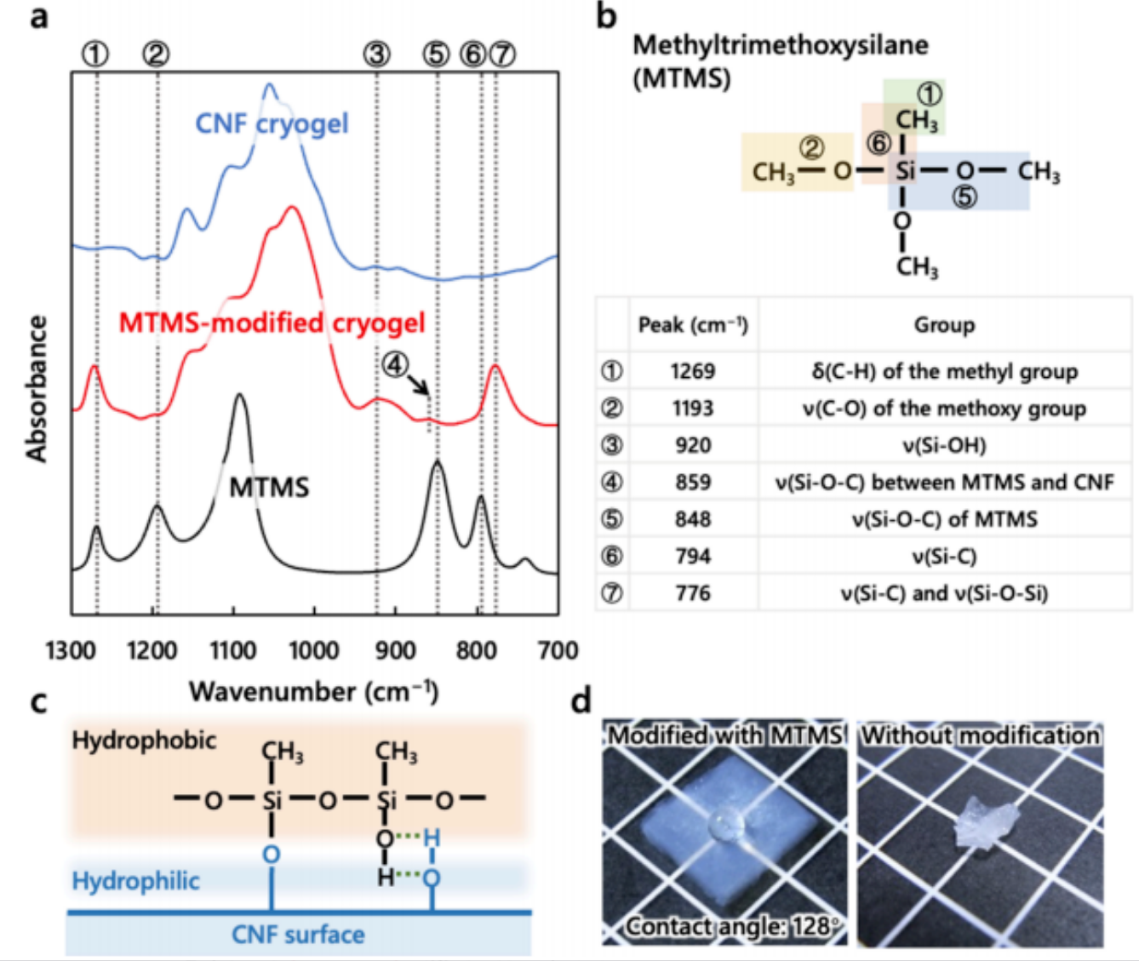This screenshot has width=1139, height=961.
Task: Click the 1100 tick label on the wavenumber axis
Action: pos(233,650)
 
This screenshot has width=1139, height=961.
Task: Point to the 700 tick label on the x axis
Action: pos(558,650)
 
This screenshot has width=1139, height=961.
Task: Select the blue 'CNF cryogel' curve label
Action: pos(272,123)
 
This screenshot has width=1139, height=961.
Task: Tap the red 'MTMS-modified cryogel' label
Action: pos(272,323)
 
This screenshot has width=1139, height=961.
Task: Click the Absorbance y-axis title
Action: pos(37,389)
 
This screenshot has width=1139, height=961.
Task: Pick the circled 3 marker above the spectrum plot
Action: pos(377,54)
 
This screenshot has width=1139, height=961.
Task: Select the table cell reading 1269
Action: pos(693,371)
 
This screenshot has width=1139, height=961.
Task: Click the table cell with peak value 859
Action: pos(693,482)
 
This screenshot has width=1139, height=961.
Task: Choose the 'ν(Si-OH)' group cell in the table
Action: pos(944,445)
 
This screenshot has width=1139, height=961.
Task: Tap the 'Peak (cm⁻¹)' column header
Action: pos(693,325)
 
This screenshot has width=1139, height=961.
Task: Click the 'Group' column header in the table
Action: pos(944,325)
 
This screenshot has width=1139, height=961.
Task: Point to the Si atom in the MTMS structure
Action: pos(905,171)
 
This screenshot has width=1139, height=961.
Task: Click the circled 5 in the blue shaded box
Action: pos(964,197)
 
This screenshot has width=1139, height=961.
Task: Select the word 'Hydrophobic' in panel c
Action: pos(144,741)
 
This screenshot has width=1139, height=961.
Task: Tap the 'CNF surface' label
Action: pos(298,935)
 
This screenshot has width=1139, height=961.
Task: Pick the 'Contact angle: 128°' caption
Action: pos(731,926)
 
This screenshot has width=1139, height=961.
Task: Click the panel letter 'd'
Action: pos(581,701)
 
